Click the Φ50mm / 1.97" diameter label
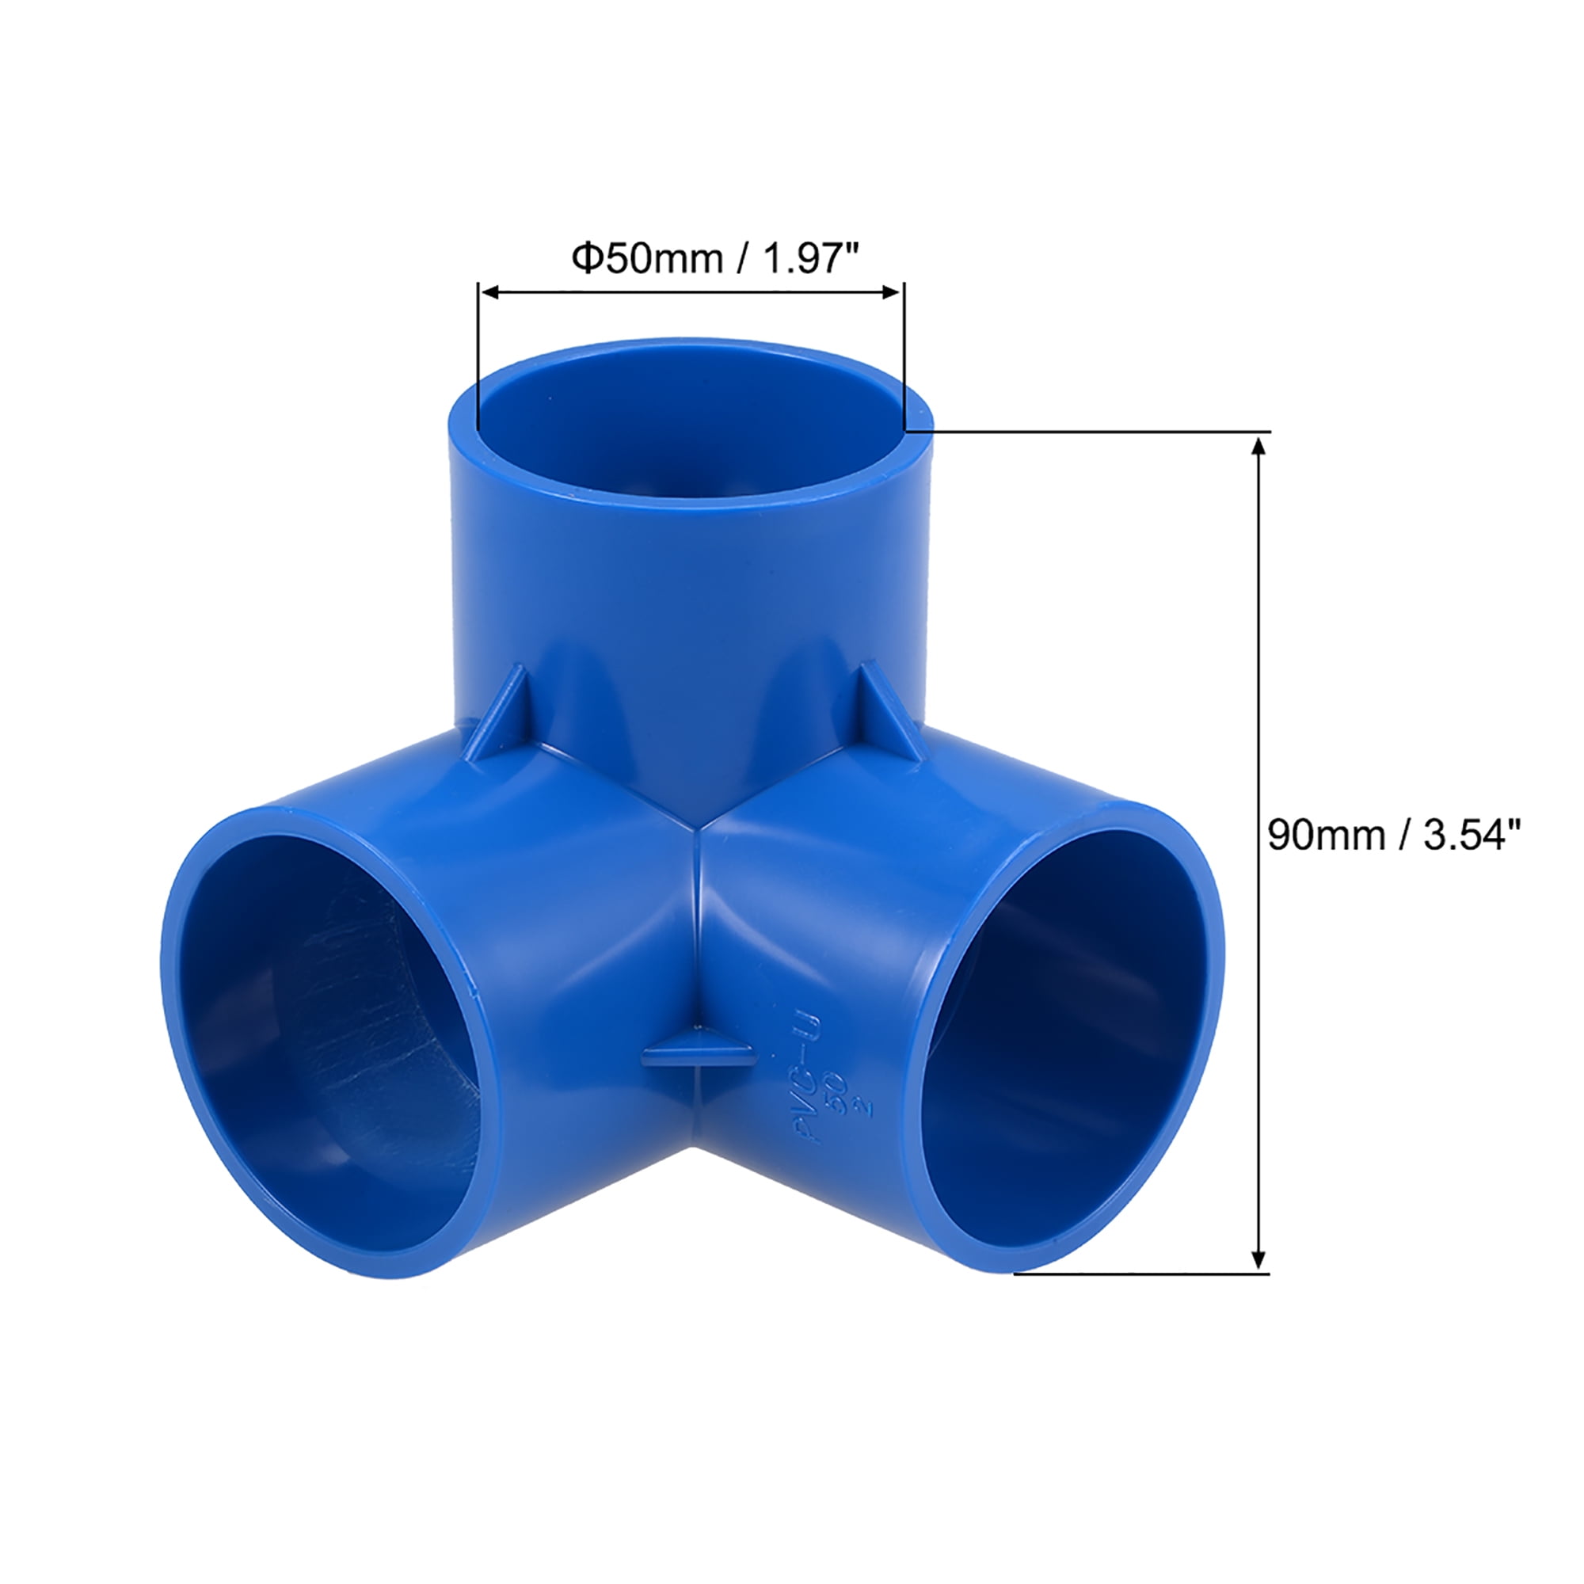715,259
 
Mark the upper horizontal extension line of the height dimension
1091,430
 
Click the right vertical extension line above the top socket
904,352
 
